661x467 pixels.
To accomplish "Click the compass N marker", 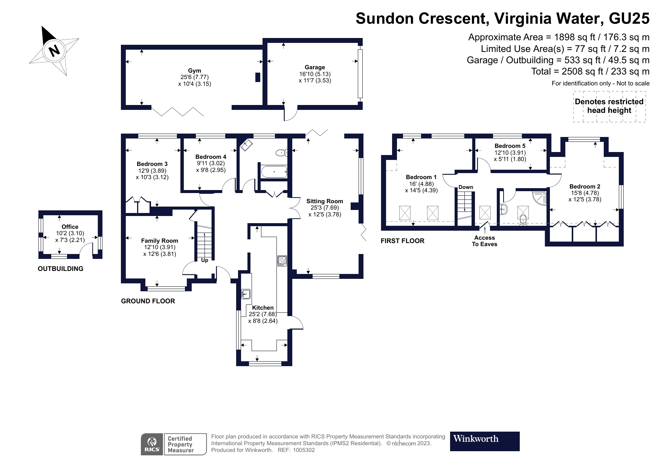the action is tap(55, 50).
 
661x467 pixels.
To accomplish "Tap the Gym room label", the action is tap(194, 71).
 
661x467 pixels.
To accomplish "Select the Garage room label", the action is tap(315, 67).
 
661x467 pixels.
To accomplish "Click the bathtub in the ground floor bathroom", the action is tap(274, 172).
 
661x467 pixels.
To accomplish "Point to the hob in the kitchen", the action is tap(282, 260).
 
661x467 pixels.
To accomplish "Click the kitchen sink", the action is tap(246, 294).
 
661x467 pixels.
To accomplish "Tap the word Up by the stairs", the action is tap(205, 260).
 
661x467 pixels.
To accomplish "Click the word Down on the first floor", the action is tap(466, 187).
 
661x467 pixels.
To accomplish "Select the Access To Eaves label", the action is tap(484, 241).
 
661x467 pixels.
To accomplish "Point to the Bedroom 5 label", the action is tap(510, 146).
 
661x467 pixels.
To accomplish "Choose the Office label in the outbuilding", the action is tap(70, 227).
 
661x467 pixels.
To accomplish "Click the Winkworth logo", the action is tap(484, 441).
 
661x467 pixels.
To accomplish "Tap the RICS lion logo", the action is tap(152, 444).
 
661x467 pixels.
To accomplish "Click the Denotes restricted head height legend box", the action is tap(609, 106).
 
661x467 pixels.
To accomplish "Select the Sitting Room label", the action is tap(324, 201).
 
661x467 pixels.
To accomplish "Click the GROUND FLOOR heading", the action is tap(148, 301).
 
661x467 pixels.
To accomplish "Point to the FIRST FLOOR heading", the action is tap(402, 241).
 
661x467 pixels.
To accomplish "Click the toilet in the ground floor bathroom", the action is tap(281, 153).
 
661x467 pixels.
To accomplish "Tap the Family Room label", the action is tap(159, 241).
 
